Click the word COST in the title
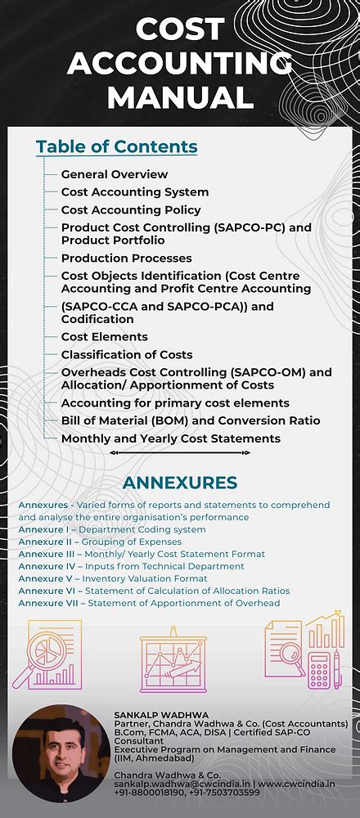(179, 29)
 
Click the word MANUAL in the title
(180, 97)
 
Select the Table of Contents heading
(116, 146)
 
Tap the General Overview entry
(115, 174)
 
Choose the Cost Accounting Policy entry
(131, 210)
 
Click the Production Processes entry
(127, 258)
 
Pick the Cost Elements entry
(105, 336)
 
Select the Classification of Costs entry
(127, 354)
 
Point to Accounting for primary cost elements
(175, 402)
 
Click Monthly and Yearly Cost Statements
(170, 438)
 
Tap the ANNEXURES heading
(179, 483)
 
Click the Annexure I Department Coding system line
(112, 529)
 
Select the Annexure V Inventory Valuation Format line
(113, 578)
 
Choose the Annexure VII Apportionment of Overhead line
(149, 603)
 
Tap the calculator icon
(319, 668)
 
